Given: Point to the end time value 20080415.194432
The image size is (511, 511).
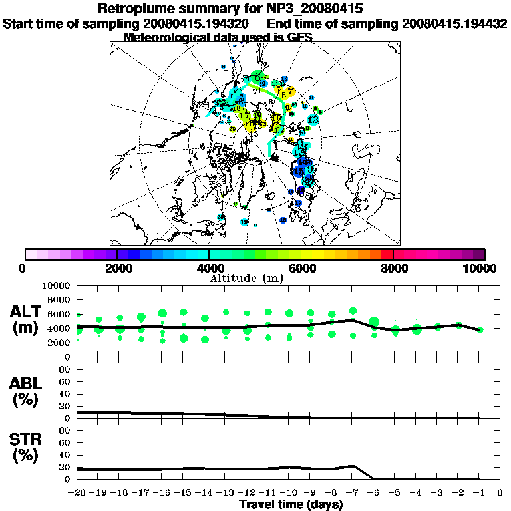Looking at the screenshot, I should point(454,24).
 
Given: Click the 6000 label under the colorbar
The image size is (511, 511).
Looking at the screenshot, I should point(301,268).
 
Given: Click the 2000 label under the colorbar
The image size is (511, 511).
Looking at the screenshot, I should point(117,268).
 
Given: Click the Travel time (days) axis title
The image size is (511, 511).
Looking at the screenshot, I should point(291,505).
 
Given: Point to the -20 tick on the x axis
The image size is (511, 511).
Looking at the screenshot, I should point(77,493).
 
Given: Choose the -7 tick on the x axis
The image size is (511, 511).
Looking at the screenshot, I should point(352,493).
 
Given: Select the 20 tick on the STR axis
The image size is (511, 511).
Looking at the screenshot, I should point(65,467).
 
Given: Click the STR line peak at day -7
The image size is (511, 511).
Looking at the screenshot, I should point(353,466).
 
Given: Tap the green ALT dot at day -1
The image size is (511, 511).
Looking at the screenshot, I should point(480,329).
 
